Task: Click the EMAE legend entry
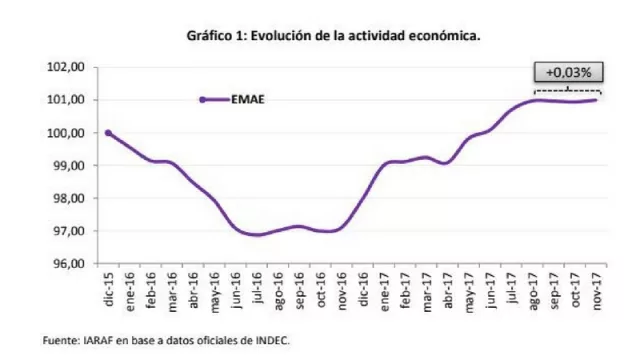coord(246,99)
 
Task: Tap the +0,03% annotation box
coord(567,72)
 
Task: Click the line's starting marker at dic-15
coord(108,133)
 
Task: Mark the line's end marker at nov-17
coord(596,99)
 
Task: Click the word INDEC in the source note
coord(271,341)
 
